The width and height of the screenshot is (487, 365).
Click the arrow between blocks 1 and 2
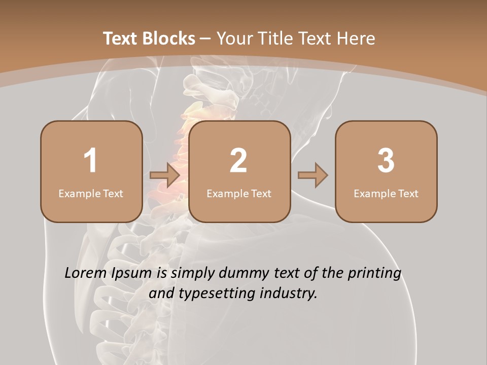click(x=165, y=175)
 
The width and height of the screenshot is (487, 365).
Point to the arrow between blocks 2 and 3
click(x=312, y=175)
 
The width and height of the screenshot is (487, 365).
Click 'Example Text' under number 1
click(x=91, y=193)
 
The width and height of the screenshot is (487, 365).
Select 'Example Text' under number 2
click(x=239, y=193)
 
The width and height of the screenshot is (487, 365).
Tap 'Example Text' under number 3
click(x=386, y=193)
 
